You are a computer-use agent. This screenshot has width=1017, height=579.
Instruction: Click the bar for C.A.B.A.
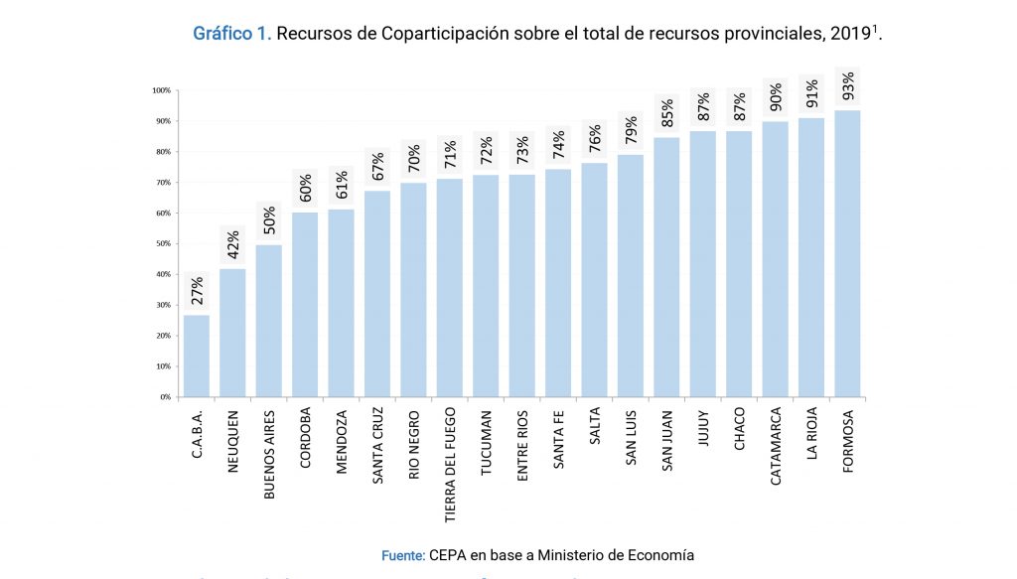pos(197,356)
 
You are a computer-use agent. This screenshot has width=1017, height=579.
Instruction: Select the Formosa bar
pos(847,253)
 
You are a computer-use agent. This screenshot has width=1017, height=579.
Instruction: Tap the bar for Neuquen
pos(232,333)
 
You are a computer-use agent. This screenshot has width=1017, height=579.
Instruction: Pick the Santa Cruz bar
pos(377,293)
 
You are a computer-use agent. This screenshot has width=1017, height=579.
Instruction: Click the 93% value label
pos(848,86)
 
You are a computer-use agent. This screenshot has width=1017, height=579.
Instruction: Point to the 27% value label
pos(197,291)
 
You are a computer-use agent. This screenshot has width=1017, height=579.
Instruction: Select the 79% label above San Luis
pos(631,130)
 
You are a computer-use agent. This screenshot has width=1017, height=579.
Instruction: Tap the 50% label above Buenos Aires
pos(269,220)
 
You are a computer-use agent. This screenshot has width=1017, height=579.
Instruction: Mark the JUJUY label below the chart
pos(703,427)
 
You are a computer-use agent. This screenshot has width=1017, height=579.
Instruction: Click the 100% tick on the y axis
pos(161,90)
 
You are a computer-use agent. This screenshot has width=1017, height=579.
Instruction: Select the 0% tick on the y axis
pos(165,397)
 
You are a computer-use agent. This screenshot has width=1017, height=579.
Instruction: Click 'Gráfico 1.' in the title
pos(230,33)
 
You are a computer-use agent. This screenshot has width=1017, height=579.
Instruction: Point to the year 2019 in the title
pos(850,34)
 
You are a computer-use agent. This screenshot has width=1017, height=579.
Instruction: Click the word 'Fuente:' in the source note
pos(403,555)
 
